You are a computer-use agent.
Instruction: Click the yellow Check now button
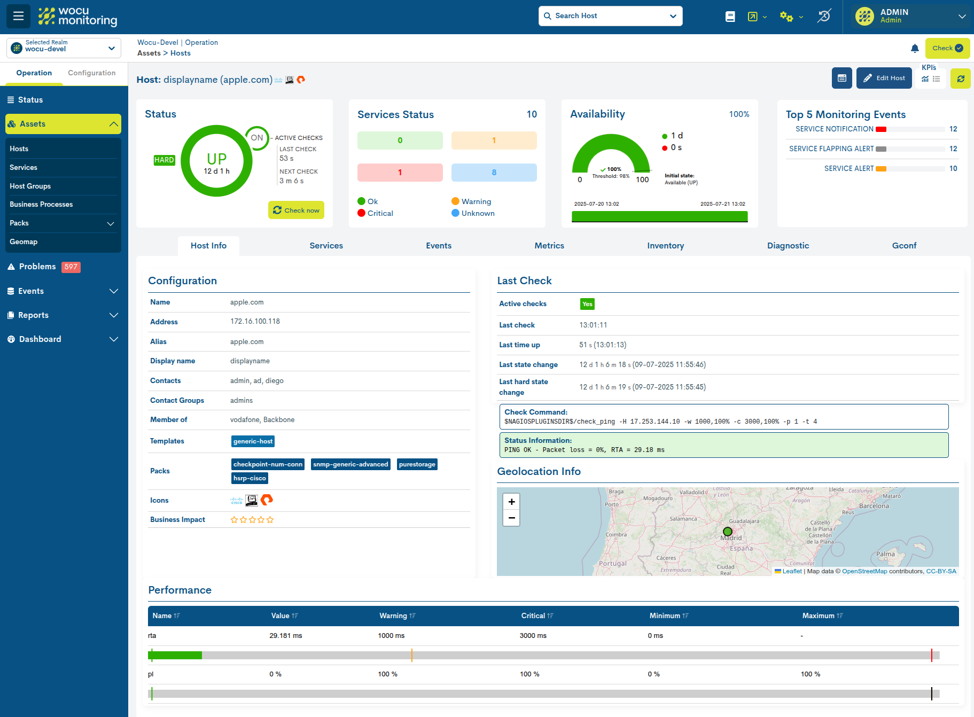tap(296, 210)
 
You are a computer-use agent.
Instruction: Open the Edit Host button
tap(884, 78)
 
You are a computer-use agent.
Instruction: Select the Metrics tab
tap(549, 246)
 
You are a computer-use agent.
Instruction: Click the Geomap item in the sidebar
tap(24, 242)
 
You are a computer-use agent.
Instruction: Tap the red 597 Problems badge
tap(71, 267)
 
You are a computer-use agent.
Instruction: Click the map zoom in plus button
tap(511, 502)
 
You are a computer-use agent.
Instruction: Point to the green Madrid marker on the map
tap(727, 532)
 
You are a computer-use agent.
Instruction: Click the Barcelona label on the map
tap(874, 506)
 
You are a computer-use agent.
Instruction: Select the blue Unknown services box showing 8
tap(494, 173)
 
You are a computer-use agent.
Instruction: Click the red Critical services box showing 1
tap(400, 173)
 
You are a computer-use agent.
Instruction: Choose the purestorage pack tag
tap(417, 464)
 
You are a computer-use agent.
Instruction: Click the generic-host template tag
tap(253, 441)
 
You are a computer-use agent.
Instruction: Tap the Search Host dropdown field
tap(610, 16)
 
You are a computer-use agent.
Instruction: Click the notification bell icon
tap(915, 49)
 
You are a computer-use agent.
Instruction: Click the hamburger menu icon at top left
tap(18, 16)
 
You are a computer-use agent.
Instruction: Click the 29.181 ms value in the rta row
tap(285, 636)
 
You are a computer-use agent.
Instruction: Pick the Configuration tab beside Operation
tap(91, 73)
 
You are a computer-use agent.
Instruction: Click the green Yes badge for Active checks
tap(587, 304)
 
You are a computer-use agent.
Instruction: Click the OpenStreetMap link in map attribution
tap(864, 571)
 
